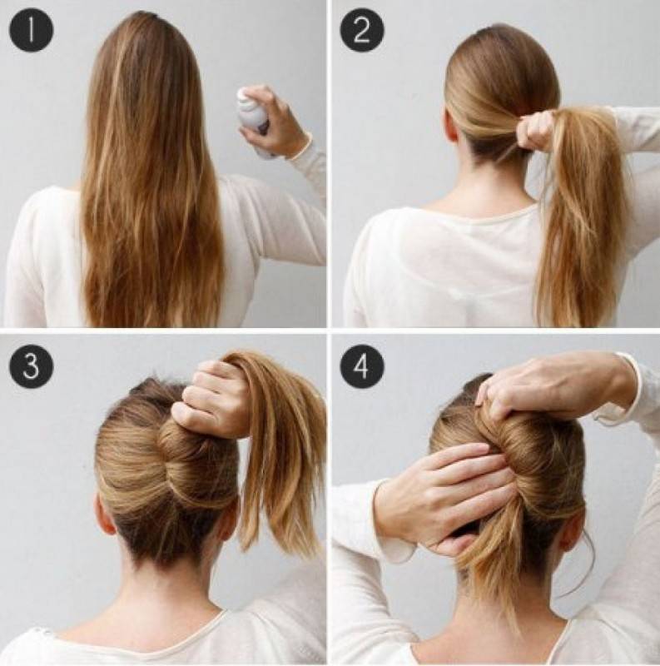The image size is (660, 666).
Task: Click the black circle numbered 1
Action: coord(31,31)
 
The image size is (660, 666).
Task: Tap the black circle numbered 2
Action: coord(362,31)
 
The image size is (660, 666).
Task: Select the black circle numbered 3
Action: coord(31,366)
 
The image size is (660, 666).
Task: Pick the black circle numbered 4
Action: coord(362,366)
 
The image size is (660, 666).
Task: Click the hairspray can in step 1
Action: coord(254,120)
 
